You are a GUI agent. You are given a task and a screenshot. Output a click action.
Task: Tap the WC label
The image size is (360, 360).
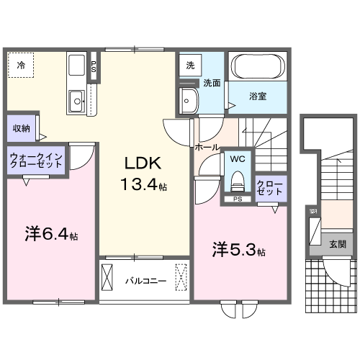[x=238, y=157]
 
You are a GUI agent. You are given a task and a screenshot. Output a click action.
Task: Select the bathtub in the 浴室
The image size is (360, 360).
[x=258, y=68]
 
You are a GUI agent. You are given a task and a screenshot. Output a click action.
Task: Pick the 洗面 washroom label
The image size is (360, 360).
[x=211, y=84]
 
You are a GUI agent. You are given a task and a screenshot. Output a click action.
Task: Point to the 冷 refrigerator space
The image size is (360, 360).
[x=21, y=66]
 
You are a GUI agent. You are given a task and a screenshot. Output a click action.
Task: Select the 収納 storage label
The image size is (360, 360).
[x=21, y=128]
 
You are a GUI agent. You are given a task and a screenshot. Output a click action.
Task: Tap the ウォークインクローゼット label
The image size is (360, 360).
[x=36, y=159]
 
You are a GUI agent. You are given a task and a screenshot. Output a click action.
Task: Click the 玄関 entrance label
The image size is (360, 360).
[x=337, y=244]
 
